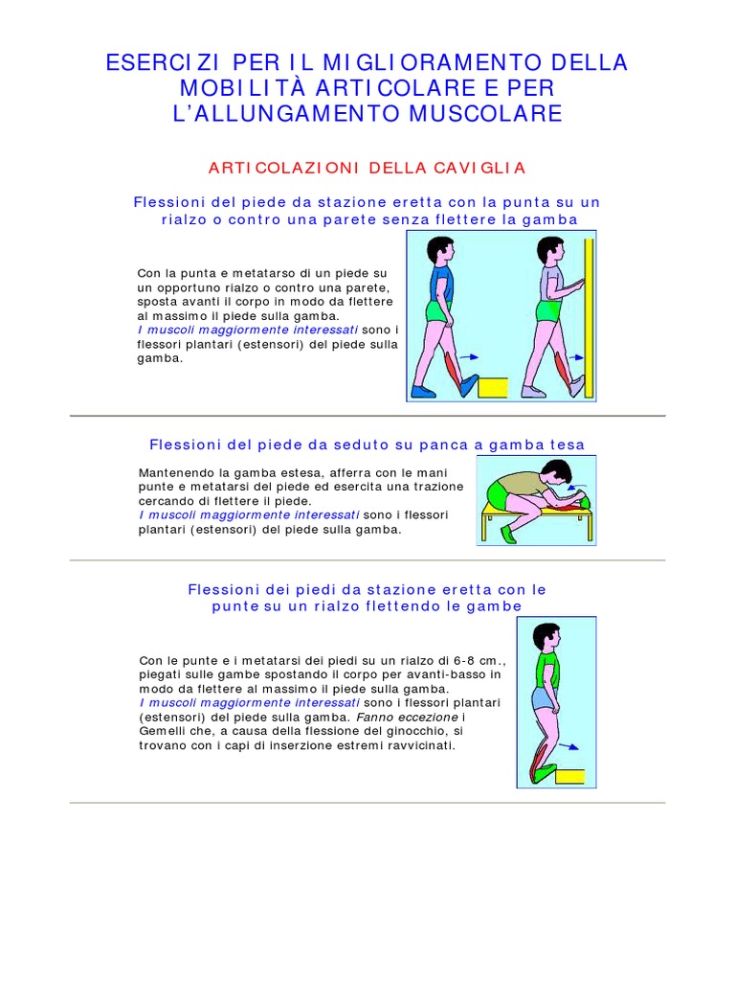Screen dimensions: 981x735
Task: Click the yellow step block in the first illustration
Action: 492,387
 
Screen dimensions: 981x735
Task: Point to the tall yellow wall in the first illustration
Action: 590,316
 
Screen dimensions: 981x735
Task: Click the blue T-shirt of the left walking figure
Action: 440,284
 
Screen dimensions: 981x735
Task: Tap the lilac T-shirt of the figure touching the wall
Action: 553,284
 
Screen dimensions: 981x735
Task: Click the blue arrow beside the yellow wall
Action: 572,356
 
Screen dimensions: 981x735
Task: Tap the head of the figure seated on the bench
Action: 555,472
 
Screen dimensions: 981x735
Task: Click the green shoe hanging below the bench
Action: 508,534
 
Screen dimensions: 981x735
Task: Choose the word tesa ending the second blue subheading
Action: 567,445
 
